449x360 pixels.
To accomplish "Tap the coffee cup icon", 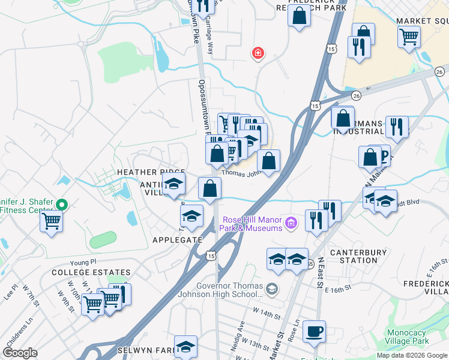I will click(314, 331).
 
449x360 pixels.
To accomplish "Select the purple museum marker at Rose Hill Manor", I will click(292, 224).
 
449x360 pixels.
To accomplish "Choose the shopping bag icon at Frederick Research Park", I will click(299, 16).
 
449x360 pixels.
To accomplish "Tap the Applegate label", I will click(177, 239).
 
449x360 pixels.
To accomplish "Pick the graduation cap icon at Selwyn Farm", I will click(185, 346).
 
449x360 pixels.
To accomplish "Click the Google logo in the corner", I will click(20, 353).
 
